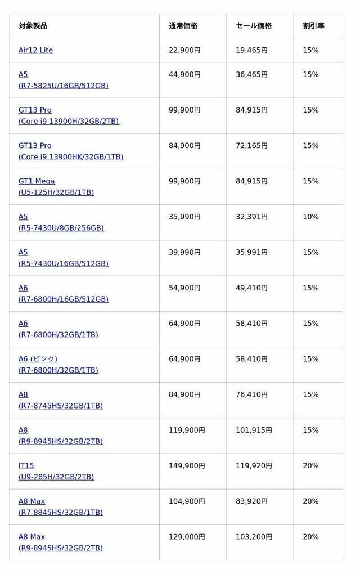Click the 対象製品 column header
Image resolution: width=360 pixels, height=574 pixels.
pyautogui.click(x=33, y=26)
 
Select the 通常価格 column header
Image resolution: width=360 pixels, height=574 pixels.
pyautogui.click(x=183, y=26)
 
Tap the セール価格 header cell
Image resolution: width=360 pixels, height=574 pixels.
pyautogui.click(x=254, y=26)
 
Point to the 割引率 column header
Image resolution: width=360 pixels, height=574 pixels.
pyautogui.click(x=313, y=26)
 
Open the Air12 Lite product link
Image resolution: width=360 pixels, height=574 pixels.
pyautogui.click(x=35, y=50)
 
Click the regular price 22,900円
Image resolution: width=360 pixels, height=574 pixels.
pyautogui.click(x=184, y=50)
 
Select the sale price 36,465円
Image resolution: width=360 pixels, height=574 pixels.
pyautogui.click(x=251, y=75)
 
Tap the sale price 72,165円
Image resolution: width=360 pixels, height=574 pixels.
pyautogui.click(x=251, y=146)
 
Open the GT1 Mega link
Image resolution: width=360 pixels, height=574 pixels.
pyautogui.click(x=37, y=181)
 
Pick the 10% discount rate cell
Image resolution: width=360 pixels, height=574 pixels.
pyautogui.click(x=310, y=217)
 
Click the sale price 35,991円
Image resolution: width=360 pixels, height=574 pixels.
pyautogui.click(x=251, y=252)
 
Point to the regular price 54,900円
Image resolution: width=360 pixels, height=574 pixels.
pyautogui.click(x=184, y=288)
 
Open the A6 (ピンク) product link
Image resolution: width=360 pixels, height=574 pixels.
pyautogui.click(x=38, y=359)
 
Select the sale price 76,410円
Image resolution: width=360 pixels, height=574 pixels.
pyautogui.click(x=251, y=394)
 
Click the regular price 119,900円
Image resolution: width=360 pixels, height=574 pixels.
pyautogui.click(x=187, y=430)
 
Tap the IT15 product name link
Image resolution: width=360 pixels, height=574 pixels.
pyautogui.click(x=26, y=465)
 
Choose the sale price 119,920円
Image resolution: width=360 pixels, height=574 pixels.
pyautogui.click(x=254, y=465)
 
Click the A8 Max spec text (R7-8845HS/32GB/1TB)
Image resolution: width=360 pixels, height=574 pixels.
pyautogui.click(x=61, y=513)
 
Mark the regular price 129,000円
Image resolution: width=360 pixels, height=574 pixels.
pyautogui.click(x=187, y=537)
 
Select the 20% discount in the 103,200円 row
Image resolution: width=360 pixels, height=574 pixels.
pyautogui.click(x=310, y=537)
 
